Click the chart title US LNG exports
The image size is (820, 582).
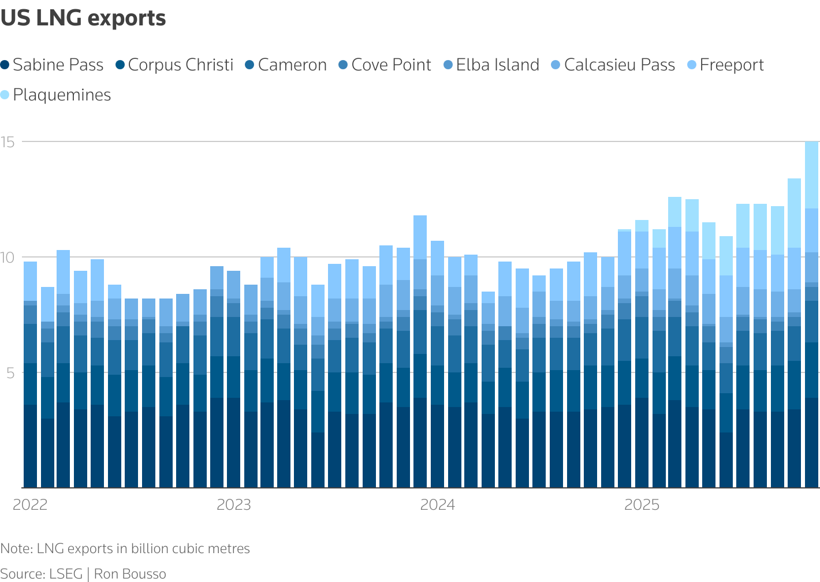click(83, 18)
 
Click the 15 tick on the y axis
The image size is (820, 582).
click(7, 142)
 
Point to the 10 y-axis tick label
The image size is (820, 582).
click(7, 258)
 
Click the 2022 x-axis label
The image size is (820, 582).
click(30, 505)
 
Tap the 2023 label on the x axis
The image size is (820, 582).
click(234, 505)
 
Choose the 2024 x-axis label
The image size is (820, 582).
click(437, 505)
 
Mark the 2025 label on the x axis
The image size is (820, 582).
click(642, 505)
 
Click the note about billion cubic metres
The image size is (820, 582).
click(125, 549)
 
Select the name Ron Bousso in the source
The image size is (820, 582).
click(130, 574)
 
